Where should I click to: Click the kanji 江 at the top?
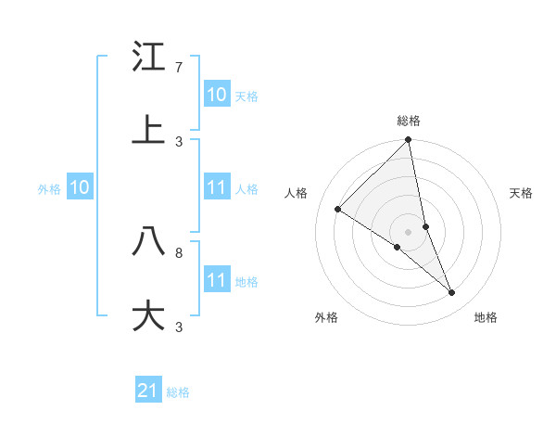pos(148,58)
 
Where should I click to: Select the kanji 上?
pos(148,131)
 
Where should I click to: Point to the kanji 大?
pos(148,315)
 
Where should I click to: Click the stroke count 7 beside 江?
pos(179,68)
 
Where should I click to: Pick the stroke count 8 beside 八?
pos(179,251)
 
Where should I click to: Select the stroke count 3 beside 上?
pos(179,141)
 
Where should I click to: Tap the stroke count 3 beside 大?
pos(179,327)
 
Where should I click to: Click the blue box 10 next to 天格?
pos(217,94)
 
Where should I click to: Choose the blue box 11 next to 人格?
pos(217,187)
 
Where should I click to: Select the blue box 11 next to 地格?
pos(217,280)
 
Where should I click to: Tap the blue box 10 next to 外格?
pos(80,187)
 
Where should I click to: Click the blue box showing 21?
pos(148,391)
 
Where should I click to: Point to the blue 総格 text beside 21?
pos(178,392)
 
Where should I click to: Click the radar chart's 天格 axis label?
pos(521,193)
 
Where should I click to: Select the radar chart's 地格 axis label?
pos(486,317)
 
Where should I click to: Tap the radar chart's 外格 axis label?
pos(326,317)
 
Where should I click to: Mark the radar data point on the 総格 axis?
pos(408,141)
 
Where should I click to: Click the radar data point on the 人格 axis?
pos(338,210)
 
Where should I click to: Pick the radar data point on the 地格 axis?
pos(452,293)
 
